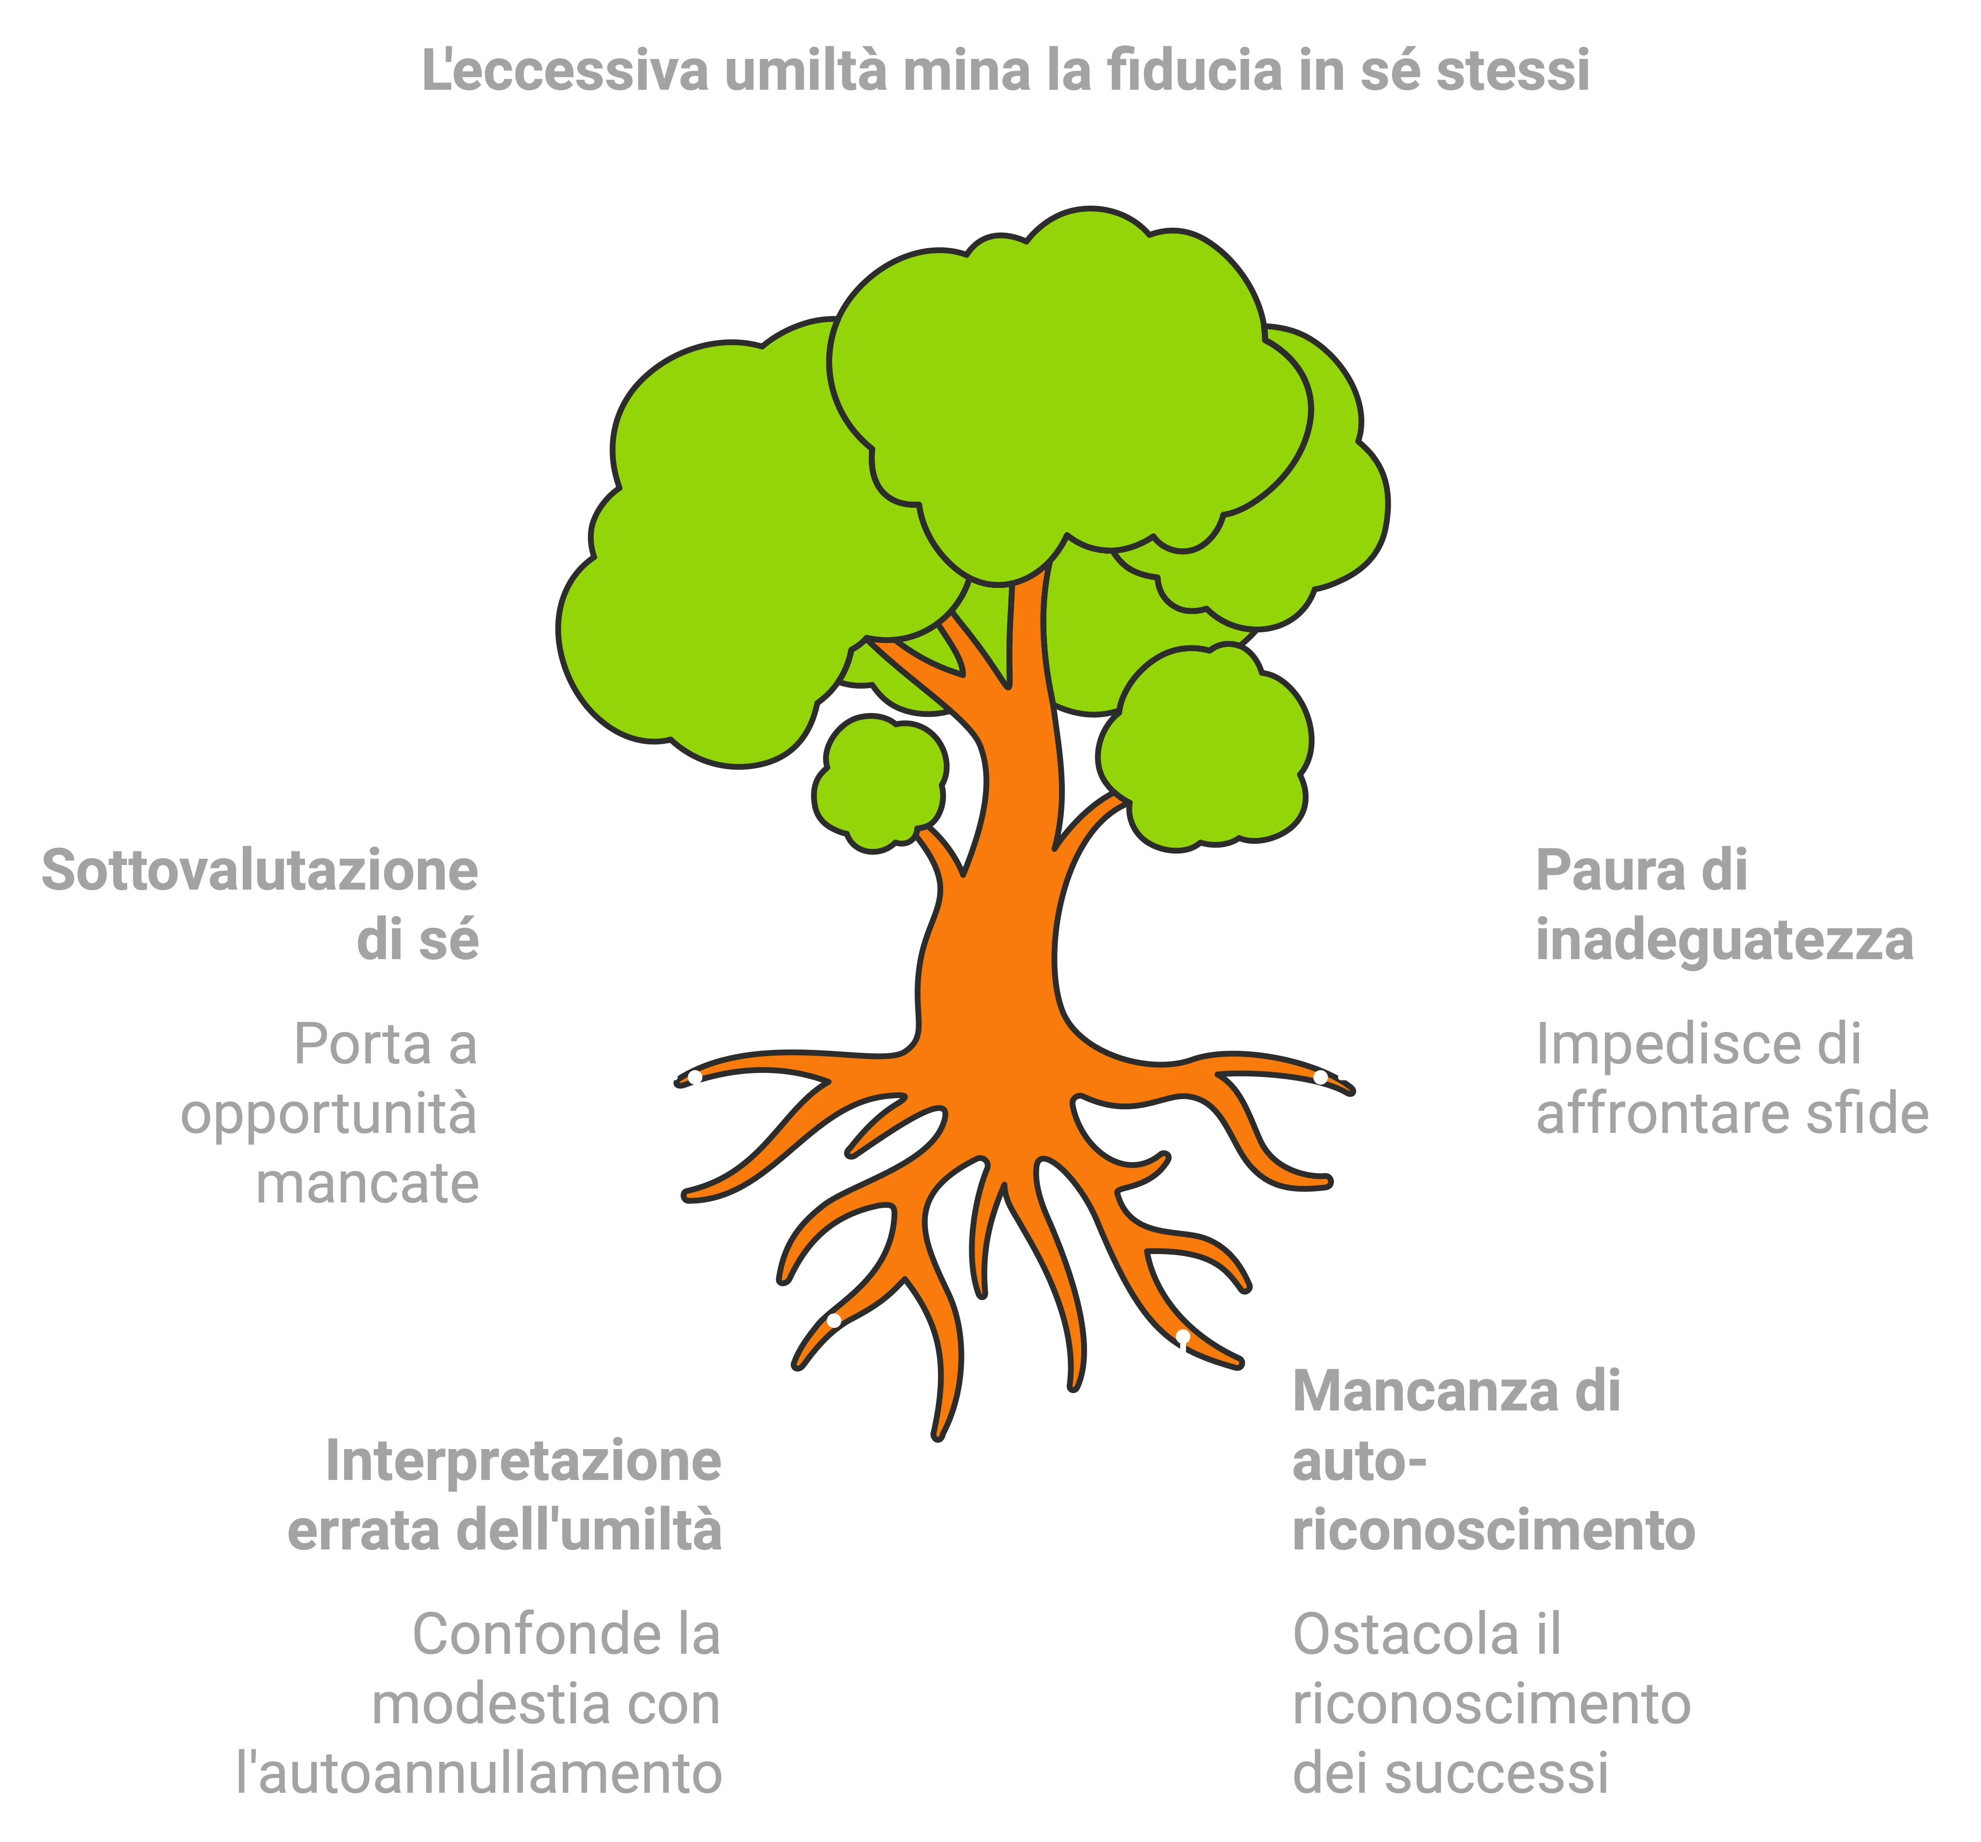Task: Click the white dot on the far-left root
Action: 695,1077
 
